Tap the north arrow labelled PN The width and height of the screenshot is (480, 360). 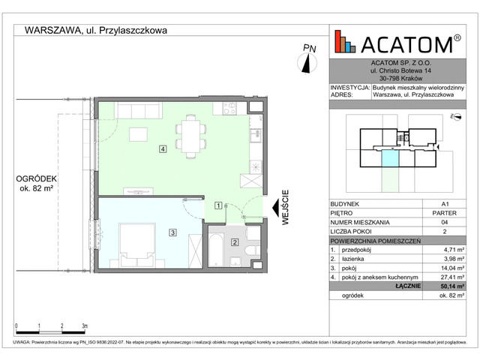tap(308, 58)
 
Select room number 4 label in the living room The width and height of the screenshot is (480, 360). tap(162, 149)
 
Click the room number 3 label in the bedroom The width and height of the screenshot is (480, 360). tap(172, 232)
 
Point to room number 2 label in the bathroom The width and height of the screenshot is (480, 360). tap(235, 241)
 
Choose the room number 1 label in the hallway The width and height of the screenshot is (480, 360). tap(217, 205)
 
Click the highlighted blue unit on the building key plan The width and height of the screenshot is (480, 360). tap(390, 157)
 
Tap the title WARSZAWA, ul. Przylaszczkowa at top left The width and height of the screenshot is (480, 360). tap(95, 31)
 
